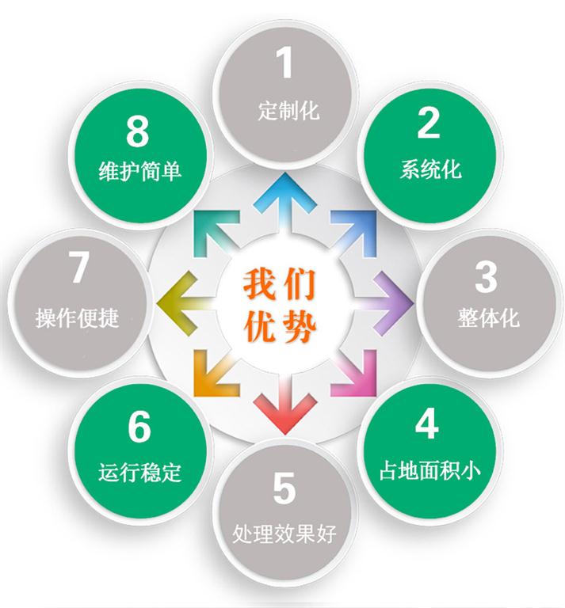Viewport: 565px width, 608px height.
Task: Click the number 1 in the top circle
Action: [284, 62]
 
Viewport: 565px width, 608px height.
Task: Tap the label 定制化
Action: [288, 111]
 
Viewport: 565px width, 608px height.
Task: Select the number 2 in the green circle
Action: [429, 123]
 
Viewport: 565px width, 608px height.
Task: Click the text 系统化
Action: [431, 169]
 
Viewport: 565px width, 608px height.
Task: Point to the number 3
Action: [486, 277]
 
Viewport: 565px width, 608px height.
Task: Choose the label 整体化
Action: [488, 318]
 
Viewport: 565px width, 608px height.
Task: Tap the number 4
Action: [427, 424]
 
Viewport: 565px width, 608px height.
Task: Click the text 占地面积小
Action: [430, 470]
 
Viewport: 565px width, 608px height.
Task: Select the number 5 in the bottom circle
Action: [284, 488]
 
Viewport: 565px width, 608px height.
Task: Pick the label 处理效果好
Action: [284, 534]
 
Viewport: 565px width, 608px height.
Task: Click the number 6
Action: [139, 427]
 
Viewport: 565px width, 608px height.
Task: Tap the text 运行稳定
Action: [139, 473]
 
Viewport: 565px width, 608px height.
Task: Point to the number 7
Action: [78, 267]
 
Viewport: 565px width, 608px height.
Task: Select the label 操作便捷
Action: [78, 318]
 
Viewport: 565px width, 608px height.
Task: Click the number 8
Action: [138, 131]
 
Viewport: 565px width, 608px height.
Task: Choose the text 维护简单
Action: [139, 171]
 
